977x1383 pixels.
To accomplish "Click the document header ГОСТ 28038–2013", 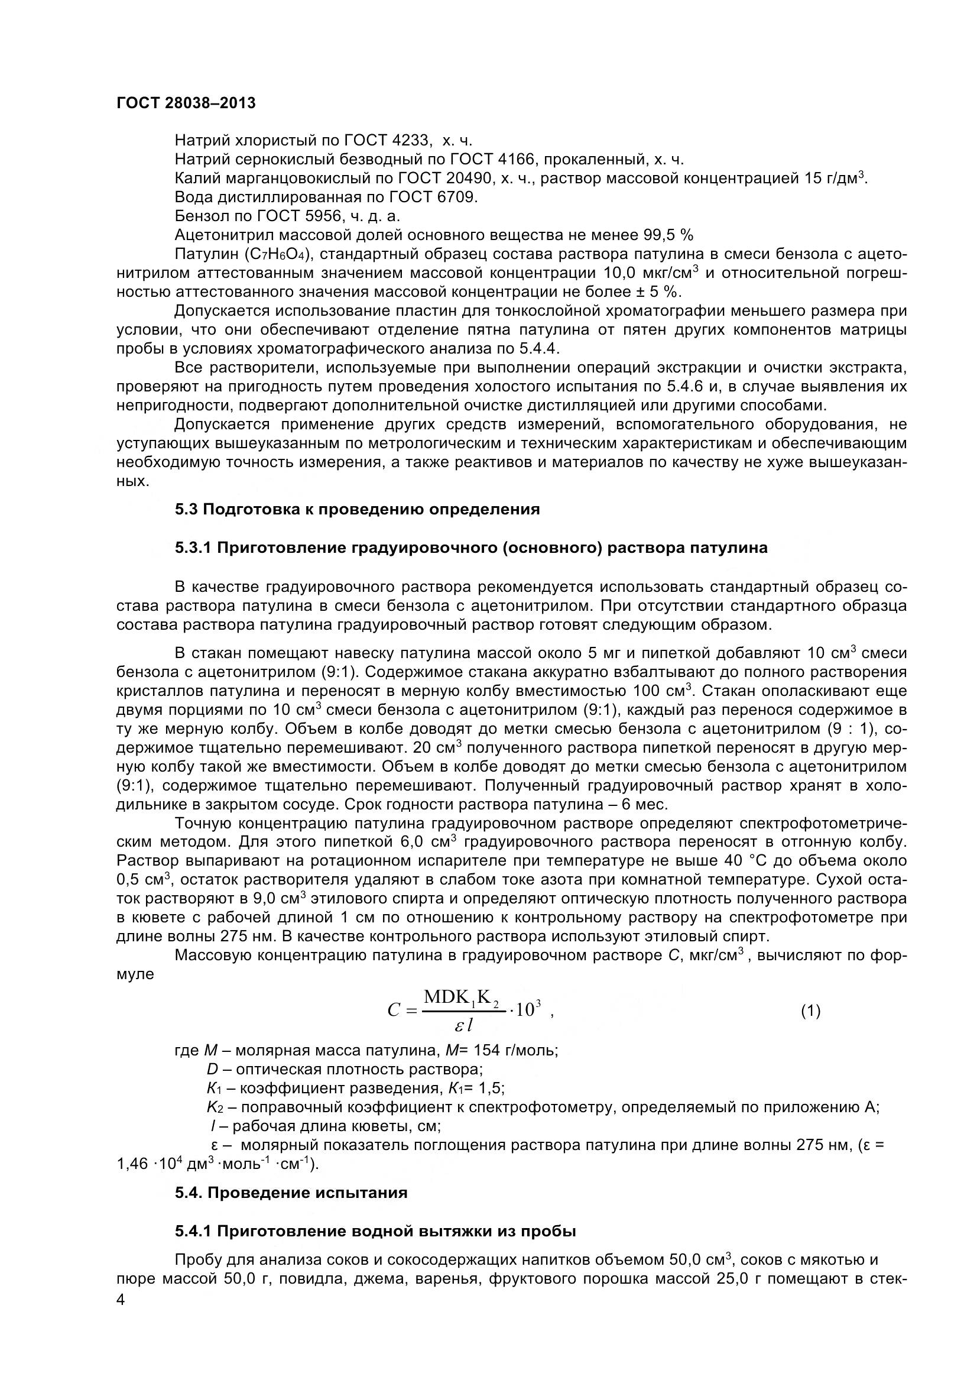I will tap(186, 103).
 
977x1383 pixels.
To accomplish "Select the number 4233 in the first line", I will tap(411, 140).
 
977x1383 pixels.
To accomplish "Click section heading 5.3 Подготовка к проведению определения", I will tap(357, 510).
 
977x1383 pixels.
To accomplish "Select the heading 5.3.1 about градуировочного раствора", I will tap(470, 548).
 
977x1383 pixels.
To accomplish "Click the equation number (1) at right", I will tap(810, 1010).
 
